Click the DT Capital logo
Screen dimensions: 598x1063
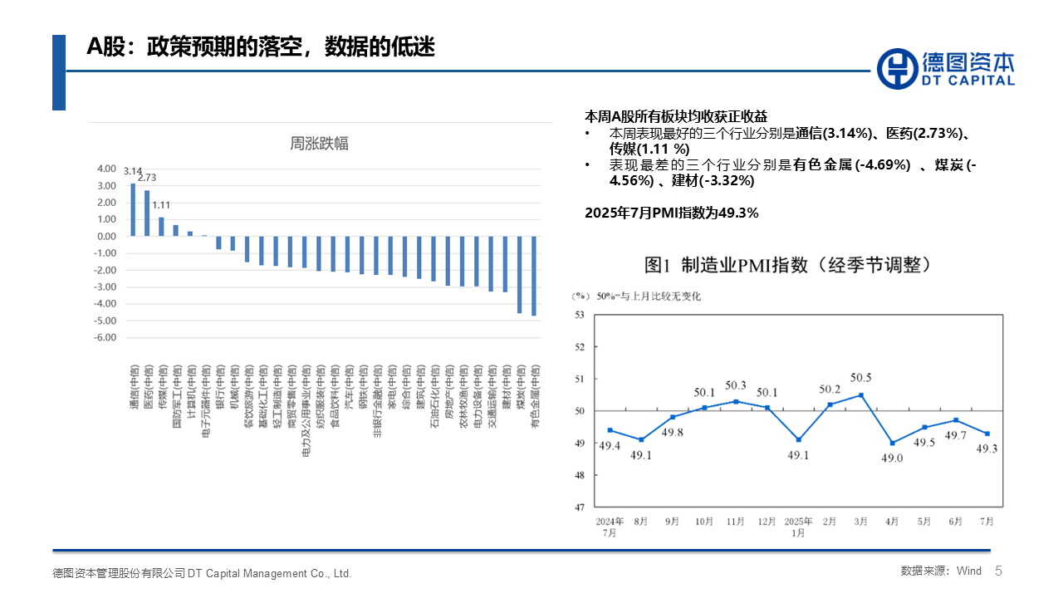[x=946, y=68]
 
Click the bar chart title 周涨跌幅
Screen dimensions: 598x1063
[x=319, y=143]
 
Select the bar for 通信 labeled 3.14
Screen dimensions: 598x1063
[x=133, y=209]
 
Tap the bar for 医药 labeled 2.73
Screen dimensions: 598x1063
[x=147, y=213]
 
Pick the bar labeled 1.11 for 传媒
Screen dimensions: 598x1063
[x=161, y=227]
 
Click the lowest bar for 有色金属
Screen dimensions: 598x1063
[x=534, y=276]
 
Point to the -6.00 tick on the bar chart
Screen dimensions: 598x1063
[x=105, y=338]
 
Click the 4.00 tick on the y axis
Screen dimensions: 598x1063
[x=106, y=168]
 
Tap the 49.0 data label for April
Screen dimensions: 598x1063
[x=894, y=458]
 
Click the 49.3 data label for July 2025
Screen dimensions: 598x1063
[x=988, y=449]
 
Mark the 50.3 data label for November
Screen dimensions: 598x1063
[x=736, y=385]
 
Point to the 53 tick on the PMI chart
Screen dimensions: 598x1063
[x=580, y=315]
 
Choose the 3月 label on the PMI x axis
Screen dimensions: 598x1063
[x=860, y=522]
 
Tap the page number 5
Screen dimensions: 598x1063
[x=999, y=571]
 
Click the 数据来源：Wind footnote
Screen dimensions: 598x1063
[x=941, y=571]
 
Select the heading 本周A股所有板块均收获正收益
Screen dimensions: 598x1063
[x=676, y=116]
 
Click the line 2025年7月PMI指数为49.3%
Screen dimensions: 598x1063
[x=672, y=213]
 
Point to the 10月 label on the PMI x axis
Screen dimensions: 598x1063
[x=703, y=522]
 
